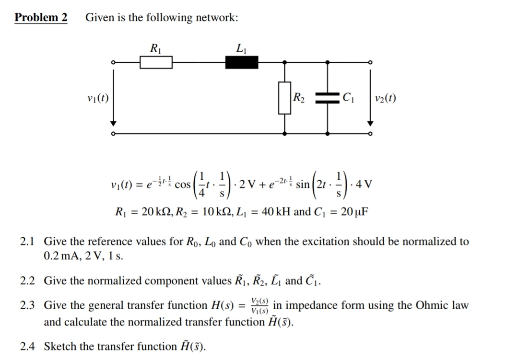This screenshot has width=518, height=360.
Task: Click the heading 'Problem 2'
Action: [x=41, y=18]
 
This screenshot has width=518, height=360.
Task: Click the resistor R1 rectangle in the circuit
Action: [x=156, y=62]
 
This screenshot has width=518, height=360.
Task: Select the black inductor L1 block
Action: [x=242, y=62]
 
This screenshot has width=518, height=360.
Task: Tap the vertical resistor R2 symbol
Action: [x=285, y=98]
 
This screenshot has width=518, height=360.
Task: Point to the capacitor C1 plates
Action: [x=328, y=99]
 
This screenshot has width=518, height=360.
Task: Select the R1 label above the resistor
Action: [x=155, y=48]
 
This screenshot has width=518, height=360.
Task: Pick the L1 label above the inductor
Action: [x=241, y=48]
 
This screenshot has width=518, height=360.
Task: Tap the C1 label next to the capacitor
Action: [x=348, y=99]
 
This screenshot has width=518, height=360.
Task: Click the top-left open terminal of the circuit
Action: [x=113, y=62]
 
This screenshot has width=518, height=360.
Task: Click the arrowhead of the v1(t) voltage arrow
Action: [x=113, y=125]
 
